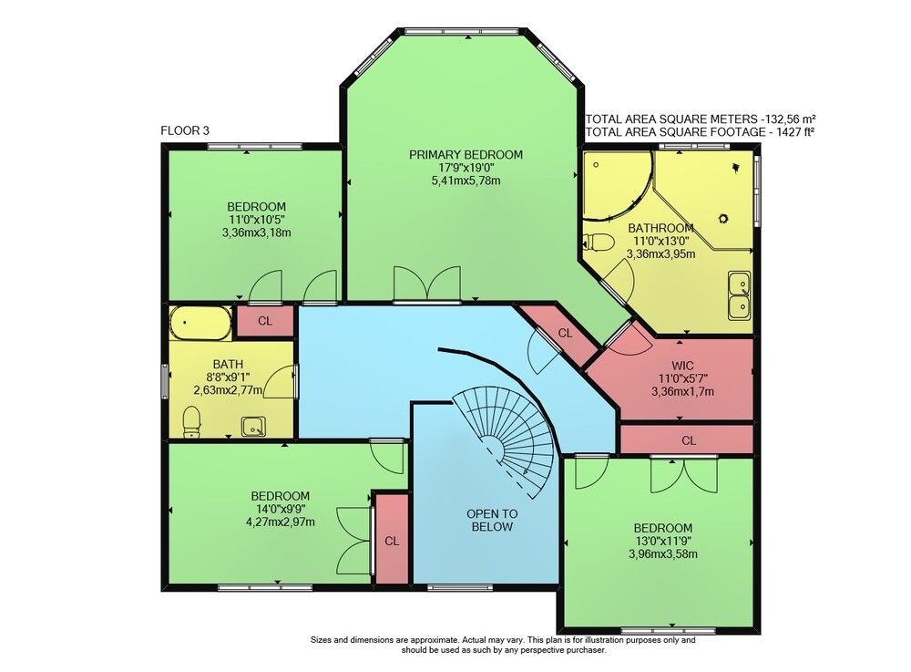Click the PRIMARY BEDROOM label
pos(466,155)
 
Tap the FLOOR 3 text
pos(185,130)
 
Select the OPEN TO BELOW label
pos(492,521)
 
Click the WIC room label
pos(682,366)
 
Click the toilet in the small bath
pos(191,421)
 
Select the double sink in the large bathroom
pos(740,295)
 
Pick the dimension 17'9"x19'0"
pos(466,168)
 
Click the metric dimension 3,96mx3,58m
pos(663,554)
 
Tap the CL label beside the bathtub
pos(265,321)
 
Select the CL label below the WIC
pos(689,440)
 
